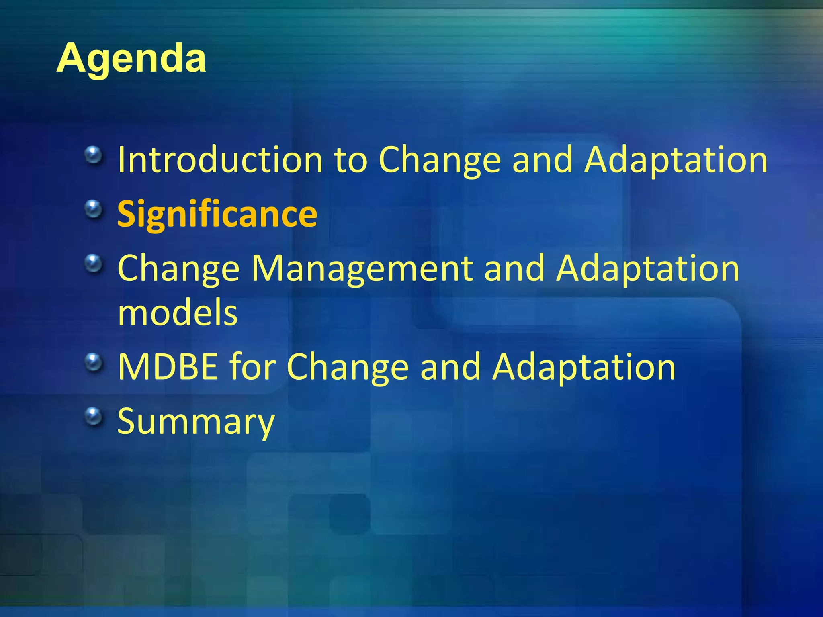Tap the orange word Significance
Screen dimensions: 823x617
tap(217, 214)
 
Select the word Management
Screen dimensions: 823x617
tap(362, 268)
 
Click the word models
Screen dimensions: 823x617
tap(178, 313)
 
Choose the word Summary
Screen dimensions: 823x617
tap(196, 421)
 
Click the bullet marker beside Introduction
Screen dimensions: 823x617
tap(94, 155)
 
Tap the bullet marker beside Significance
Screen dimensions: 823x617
tap(94, 209)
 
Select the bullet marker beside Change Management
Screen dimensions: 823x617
tap(94, 264)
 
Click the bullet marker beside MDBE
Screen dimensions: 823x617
tap(94, 362)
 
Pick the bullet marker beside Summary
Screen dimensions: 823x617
tap(94, 416)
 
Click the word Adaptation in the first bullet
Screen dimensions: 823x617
tap(676, 160)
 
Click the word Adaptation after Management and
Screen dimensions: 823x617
tap(647, 268)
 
